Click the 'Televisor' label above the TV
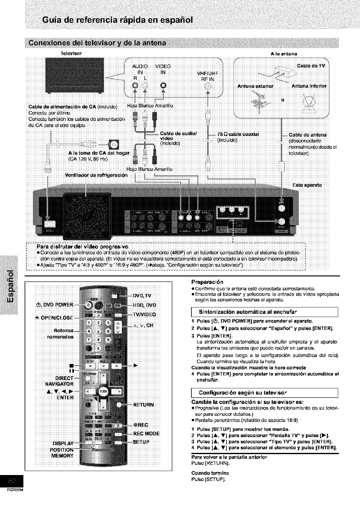click(72, 53)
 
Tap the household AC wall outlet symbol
click(114, 144)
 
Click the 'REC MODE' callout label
click(146, 434)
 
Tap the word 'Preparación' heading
click(207, 282)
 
